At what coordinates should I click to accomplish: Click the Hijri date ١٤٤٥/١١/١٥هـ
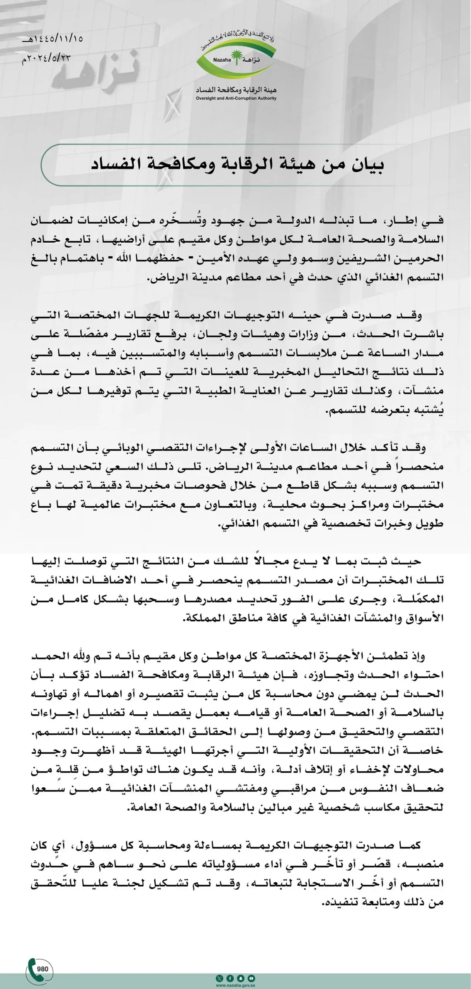[53, 39]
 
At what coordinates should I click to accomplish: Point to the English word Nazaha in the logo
[222, 60]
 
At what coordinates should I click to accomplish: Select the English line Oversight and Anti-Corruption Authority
[236, 98]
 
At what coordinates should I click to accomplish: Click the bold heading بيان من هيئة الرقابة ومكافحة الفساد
[237, 165]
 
